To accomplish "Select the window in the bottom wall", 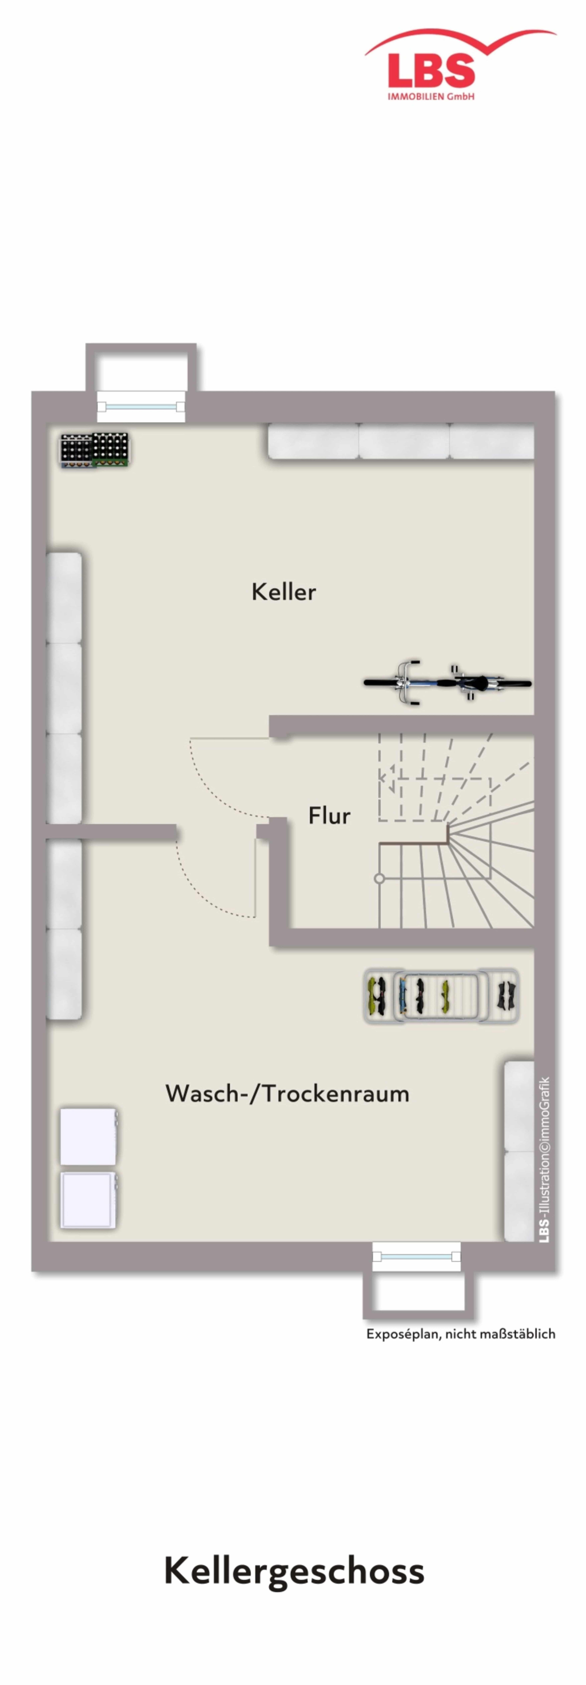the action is [416, 1257].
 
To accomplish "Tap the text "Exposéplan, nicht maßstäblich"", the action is [460, 1334].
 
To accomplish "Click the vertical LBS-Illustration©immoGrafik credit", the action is [544, 1160].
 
